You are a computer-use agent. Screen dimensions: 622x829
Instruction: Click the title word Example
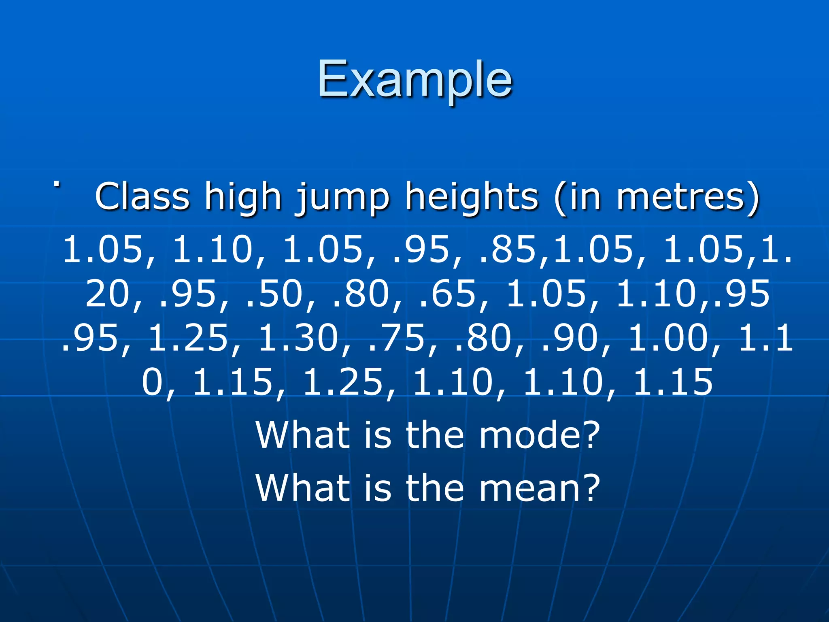click(414, 79)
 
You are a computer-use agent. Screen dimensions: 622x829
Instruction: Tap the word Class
click(142, 196)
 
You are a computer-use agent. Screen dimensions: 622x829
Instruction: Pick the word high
click(242, 198)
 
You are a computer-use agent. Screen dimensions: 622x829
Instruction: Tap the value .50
click(274, 293)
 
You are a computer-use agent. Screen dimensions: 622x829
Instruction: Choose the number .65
click(448, 293)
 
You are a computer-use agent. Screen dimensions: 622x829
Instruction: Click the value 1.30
click(298, 338)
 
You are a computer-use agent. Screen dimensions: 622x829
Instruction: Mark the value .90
click(569, 338)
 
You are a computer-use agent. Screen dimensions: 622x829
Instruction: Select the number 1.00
click(668, 338)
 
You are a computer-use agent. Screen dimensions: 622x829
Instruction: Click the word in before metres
click(583, 197)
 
